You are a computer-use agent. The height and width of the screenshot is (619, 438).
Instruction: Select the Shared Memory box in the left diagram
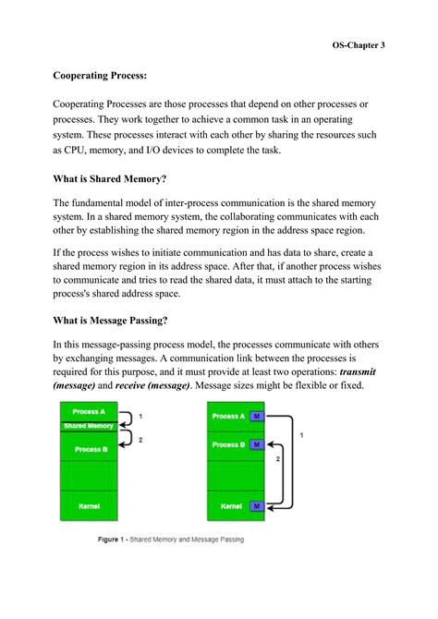point(88,426)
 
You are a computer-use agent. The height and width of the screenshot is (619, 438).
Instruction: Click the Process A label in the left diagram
point(89,412)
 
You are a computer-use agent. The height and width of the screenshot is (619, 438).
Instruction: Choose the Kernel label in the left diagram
point(89,506)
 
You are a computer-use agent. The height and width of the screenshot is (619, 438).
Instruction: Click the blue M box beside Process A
point(256,417)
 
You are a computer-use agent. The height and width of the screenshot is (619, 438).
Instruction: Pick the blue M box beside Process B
point(256,444)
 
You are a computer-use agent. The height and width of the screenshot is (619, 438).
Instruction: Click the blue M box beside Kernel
point(256,506)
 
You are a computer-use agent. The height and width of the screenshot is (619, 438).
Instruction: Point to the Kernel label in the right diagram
point(228,506)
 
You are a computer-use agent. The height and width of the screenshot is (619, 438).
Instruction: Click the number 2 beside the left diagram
point(139,441)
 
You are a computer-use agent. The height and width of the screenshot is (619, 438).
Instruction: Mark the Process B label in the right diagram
point(228,444)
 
